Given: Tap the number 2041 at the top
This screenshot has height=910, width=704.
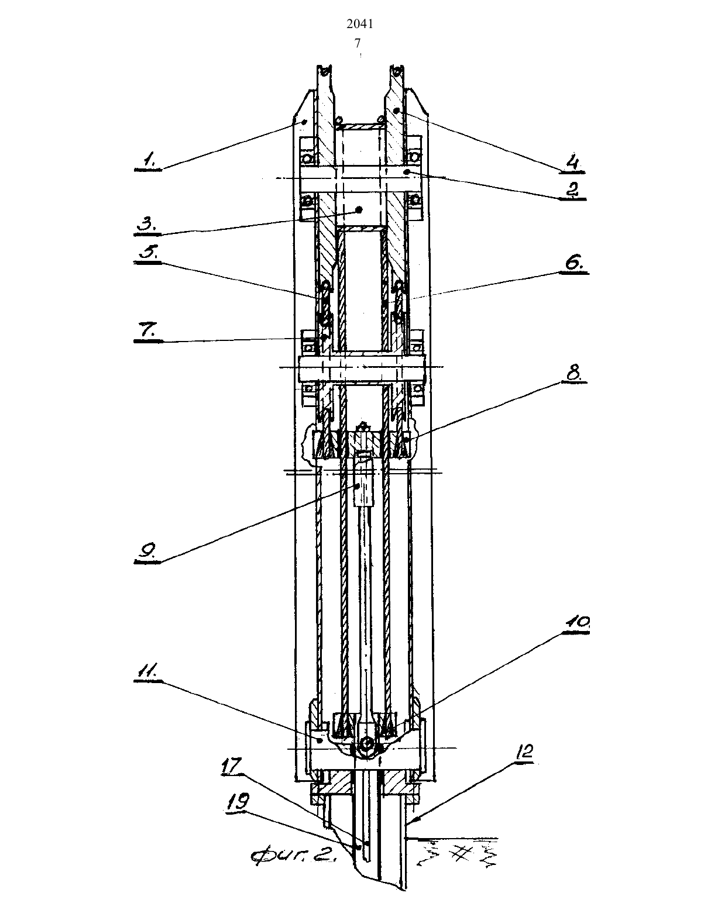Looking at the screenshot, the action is pyautogui.click(x=359, y=25).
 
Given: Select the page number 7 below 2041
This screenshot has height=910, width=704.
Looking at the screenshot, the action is pyautogui.click(x=358, y=43).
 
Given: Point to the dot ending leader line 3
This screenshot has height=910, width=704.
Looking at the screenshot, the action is pyautogui.click(x=359, y=209).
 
